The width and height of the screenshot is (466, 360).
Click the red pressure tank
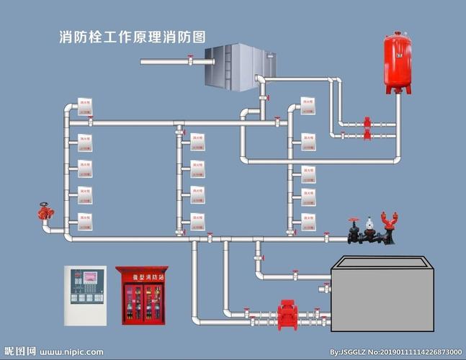pyautogui.click(x=397, y=63)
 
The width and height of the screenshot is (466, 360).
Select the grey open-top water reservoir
pyautogui.click(x=382, y=295)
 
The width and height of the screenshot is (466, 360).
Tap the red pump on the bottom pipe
pyautogui.click(x=287, y=315)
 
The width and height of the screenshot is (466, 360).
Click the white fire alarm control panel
pyautogui.click(x=85, y=294)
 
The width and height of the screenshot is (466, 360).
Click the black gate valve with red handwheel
pyautogui.click(x=353, y=230)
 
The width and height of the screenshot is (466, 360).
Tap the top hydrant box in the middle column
pyautogui.click(x=197, y=140)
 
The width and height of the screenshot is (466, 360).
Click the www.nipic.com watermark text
pyautogui.click(x=71, y=352)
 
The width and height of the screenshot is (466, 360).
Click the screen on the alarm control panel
pyautogui.click(x=90, y=276)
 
